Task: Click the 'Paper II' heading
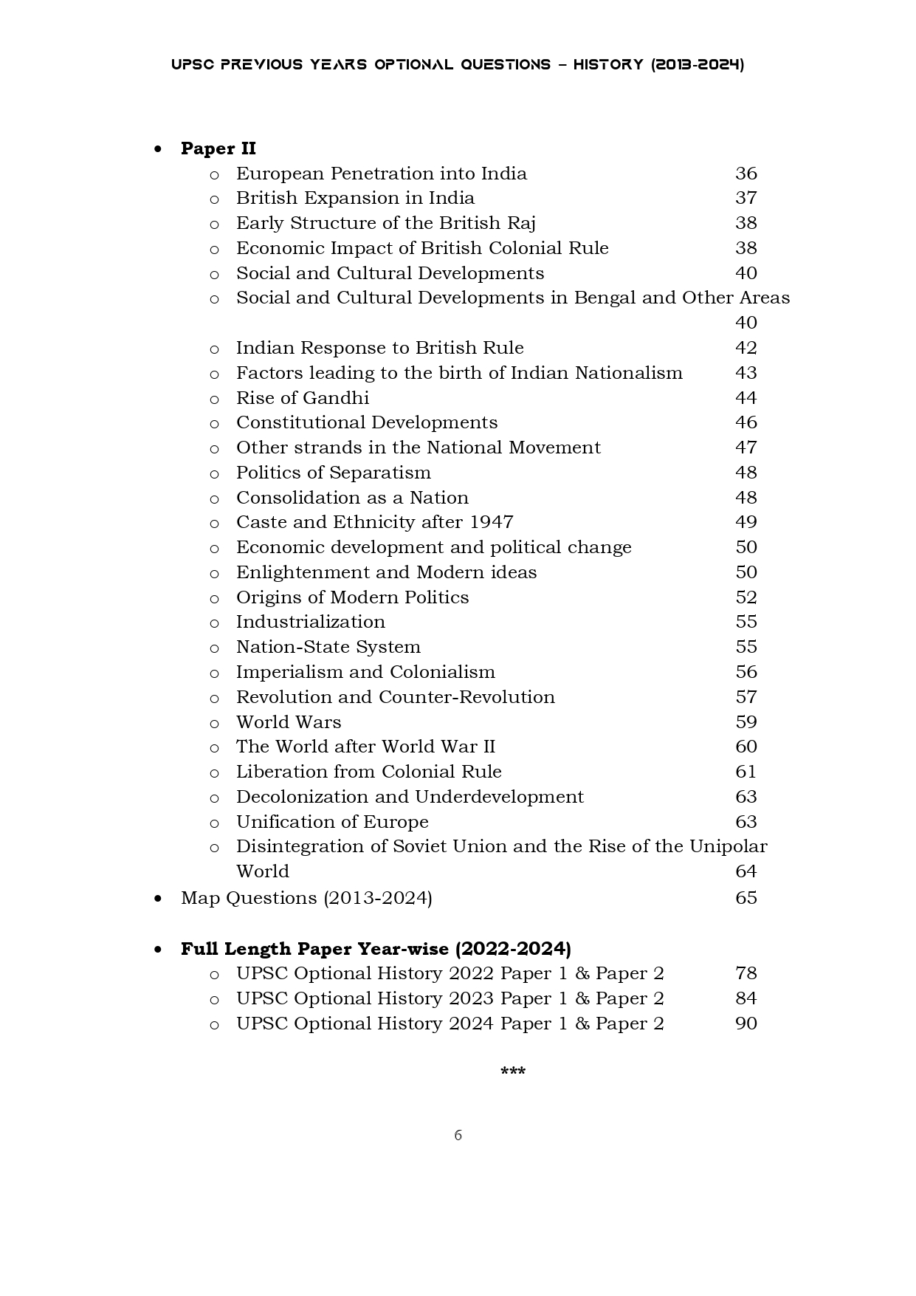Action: pos(218,148)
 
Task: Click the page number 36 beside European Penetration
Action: pos(745,174)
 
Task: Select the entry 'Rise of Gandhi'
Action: pos(302,398)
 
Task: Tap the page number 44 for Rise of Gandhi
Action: pos(745,398)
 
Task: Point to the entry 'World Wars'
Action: pos(288,722)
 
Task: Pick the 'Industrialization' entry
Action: pos(310,622)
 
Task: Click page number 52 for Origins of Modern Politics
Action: pos(745,597)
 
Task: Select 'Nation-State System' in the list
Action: pos(328,647)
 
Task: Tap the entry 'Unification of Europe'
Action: pos(331,822)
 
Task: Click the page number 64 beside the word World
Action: pos(745,871)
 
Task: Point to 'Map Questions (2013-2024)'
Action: pos(306,898)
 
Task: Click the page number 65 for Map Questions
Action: pos(745,898)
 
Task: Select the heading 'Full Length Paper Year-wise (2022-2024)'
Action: pos(376,949)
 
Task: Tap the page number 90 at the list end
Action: pos(745,1024)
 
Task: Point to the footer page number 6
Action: pos(458,1135)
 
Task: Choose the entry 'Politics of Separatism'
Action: pos(333,473)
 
